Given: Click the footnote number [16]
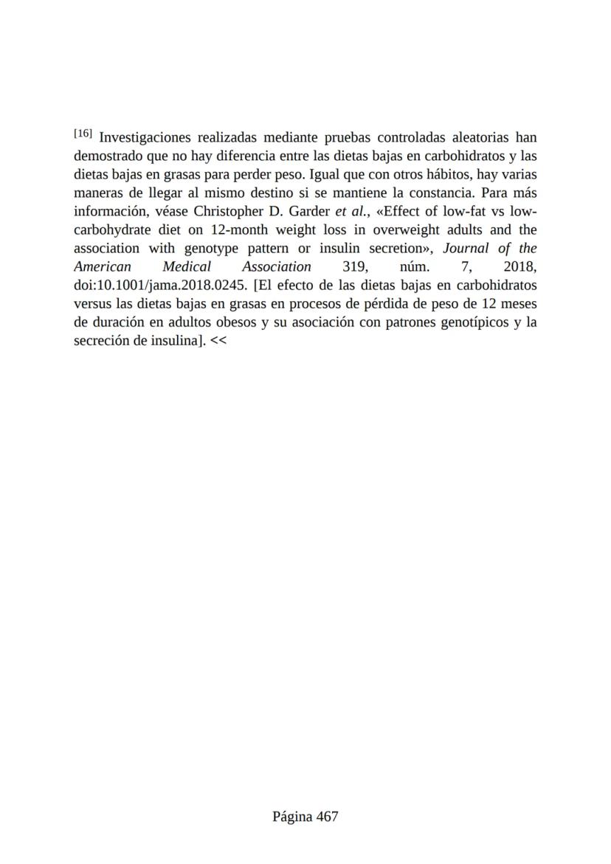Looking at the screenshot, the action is click(x=83, y=134).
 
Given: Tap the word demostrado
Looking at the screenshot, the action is click(x=106, y=156).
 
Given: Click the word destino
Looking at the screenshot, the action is click(x=283, y=193).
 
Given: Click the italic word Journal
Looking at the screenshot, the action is click(x=467, y=249).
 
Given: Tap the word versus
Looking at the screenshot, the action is click(x=92, y=304).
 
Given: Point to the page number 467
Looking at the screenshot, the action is click(x=327, y=816).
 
